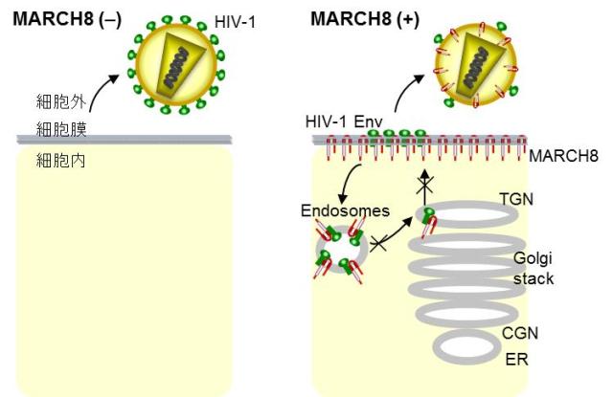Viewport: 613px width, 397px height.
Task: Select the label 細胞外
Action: (x=57, y=99)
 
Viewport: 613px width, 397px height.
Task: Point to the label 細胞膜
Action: (x=57, y=127)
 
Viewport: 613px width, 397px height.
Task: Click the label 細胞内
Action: (x=57, y=161)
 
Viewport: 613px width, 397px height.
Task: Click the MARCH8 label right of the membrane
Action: (x=564, y=155)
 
